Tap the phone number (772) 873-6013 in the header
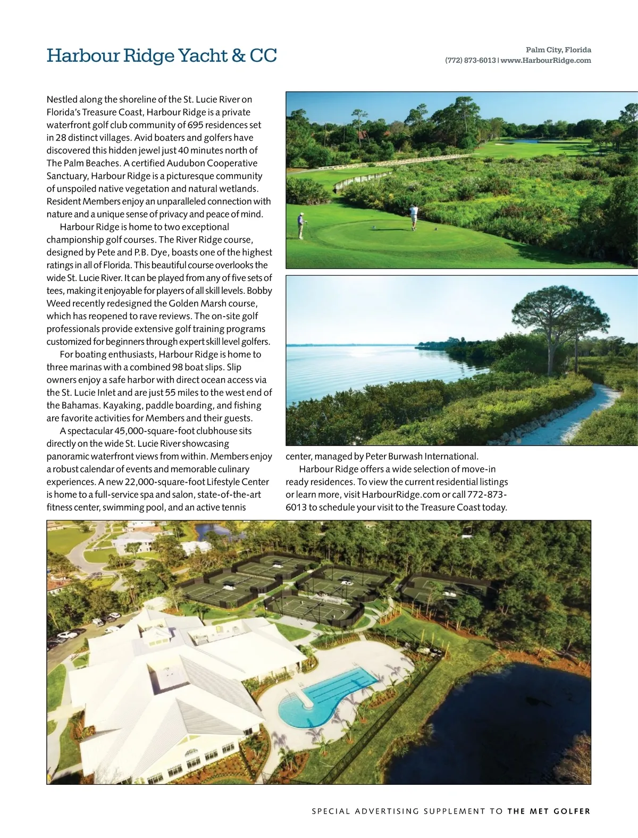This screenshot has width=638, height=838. [470, 61]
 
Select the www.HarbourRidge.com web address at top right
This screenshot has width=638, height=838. [546, 61]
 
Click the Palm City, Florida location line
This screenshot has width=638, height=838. [558, 50]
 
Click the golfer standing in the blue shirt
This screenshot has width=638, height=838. [301, 225]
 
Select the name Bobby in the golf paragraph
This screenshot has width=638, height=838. [259, 291]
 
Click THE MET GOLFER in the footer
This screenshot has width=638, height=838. [549, 811]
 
